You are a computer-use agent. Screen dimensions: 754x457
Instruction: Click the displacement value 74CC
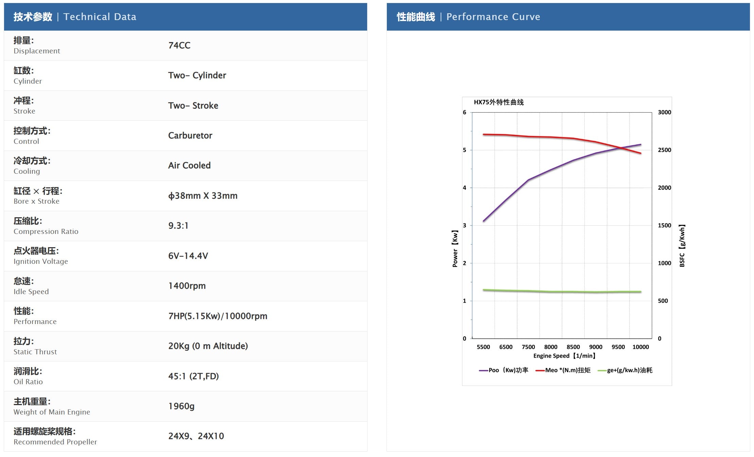(179, 45)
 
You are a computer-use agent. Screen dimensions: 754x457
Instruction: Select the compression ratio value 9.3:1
(178, 225)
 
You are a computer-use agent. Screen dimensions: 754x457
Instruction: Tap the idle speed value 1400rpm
(187, 286)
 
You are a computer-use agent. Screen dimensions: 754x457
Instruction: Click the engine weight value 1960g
(182, 406)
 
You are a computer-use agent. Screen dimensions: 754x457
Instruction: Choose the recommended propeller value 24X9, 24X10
(196, 436)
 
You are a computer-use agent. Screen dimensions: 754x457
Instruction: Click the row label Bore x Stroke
(36, 201)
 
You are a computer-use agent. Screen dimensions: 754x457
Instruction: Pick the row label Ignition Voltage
(41, 261)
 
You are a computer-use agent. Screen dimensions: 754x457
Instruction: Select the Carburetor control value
(190, 135)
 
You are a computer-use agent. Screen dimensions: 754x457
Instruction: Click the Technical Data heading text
(100, 17)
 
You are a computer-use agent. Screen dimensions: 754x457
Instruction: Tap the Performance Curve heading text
(493, 17)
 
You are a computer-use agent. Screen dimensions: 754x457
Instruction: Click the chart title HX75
(499, 102)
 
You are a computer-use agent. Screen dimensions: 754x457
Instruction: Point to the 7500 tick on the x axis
(528, 347)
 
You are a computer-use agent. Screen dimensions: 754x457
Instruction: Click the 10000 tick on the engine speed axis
(640, 347)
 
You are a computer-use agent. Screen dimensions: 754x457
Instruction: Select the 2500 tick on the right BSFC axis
(664, 150)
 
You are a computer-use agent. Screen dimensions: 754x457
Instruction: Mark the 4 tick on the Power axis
(464, 188)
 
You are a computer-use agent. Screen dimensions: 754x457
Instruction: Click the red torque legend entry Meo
(563, 370)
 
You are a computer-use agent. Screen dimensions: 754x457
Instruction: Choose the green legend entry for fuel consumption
(625, 370)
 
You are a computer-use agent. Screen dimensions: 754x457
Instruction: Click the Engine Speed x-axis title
(564, 356)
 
